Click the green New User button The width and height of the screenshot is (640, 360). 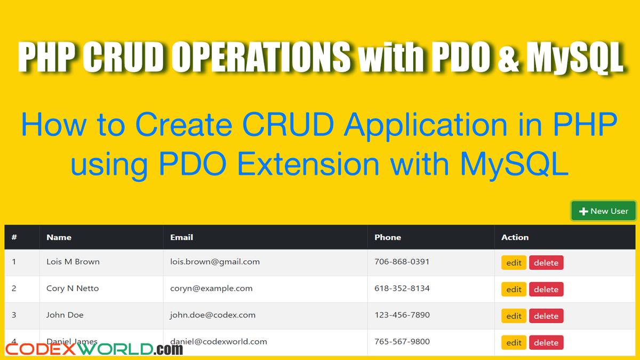point(603,211)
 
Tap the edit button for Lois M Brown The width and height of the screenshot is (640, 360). point(514,262)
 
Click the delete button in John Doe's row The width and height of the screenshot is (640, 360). point(546,316)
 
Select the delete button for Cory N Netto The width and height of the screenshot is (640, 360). point(546,289)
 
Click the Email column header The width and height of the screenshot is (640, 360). point(182,237)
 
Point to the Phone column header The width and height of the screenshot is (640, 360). point(388,237)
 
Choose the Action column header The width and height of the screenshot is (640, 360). point(515,237)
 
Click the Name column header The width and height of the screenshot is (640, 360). point(59,237)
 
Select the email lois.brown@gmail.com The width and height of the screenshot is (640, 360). point(215,262)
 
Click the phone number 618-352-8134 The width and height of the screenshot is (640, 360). point(402,289)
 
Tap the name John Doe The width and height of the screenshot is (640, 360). point(65,315)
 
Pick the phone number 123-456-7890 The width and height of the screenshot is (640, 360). point(402,315)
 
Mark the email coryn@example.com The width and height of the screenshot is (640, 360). point(211,289)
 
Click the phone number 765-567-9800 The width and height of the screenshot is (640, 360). point(402,341)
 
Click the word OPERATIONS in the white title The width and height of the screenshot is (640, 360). point(261,57)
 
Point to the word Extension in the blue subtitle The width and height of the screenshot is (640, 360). point(308,164)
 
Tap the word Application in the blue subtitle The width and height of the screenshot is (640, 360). point(426,125)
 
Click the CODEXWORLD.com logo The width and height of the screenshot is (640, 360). point(94,349)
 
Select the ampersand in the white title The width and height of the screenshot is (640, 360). point(508,57)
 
